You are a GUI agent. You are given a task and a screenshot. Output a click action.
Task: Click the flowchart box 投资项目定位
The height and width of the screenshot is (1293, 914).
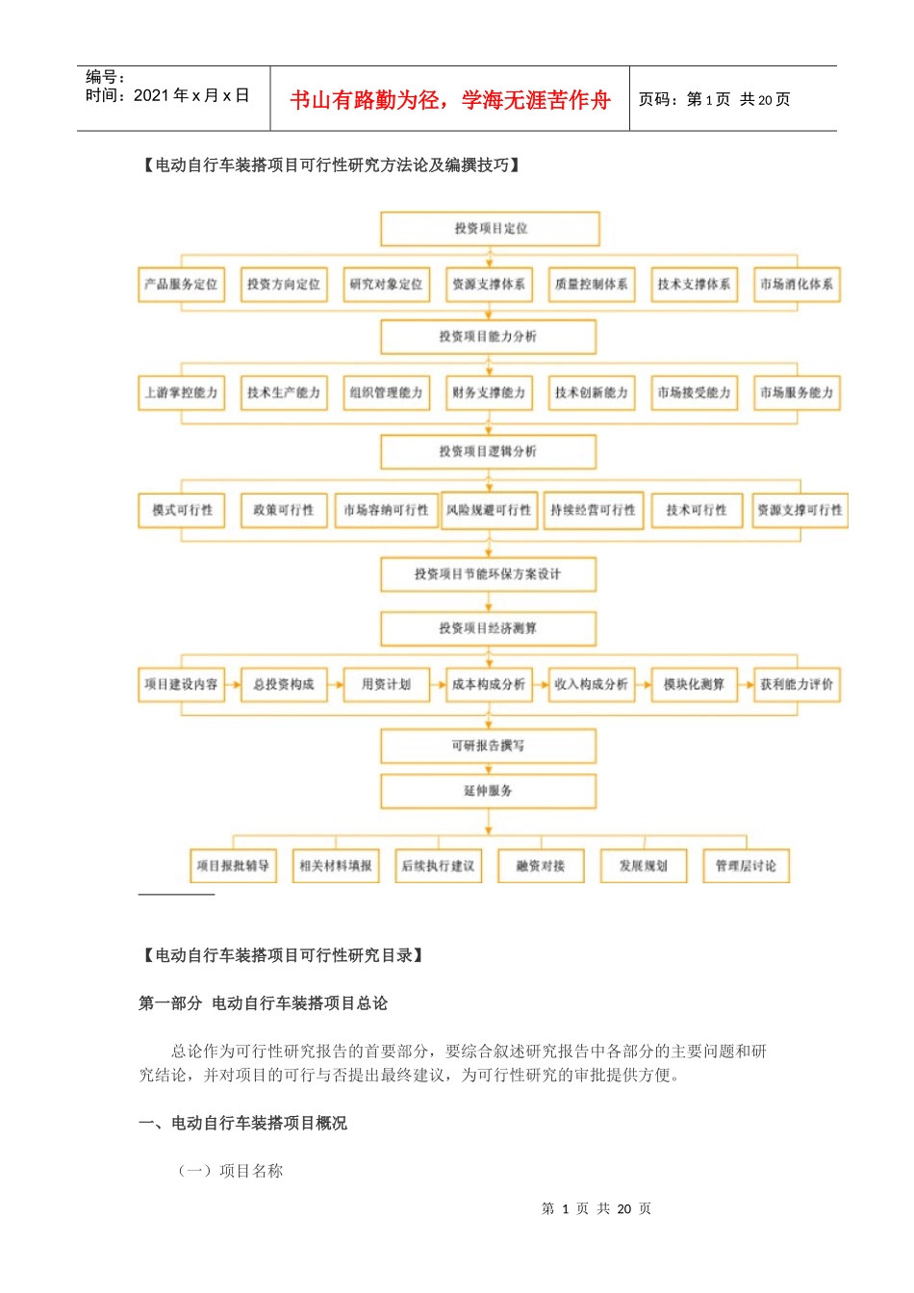click(x=490, y=229)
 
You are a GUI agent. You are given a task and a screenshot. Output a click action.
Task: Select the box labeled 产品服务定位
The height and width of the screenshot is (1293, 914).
click(x=181, y=285)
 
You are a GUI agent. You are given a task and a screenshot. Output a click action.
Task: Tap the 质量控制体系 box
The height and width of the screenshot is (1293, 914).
click(x=591, y=285)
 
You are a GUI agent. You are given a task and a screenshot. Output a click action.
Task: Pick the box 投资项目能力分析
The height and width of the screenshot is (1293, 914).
click(x=488, y=337)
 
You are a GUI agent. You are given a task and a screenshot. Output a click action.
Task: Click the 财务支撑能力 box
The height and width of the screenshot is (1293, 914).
click(x=489, y=393)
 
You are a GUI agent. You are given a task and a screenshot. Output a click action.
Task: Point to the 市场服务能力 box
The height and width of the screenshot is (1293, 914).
click(x=796, y=393)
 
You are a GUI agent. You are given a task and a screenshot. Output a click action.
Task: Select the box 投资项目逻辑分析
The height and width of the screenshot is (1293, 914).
click(x=488, y=451)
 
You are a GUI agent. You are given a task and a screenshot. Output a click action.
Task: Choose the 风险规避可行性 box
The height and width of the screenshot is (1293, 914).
click(x=489, y=510)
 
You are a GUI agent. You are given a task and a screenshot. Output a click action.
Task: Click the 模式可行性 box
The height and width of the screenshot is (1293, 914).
click(x=182, y=510)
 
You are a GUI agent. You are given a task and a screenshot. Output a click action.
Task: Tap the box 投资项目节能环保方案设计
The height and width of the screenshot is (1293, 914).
click(x=488, y=574)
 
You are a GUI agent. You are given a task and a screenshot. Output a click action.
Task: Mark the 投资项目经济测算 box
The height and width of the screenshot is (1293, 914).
click(x=488, y=628)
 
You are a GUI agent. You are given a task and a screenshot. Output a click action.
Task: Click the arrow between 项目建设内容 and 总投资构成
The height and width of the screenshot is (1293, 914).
click(x=233, y=685)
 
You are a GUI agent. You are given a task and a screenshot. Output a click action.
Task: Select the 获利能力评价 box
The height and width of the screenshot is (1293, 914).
click(x=796, y=685)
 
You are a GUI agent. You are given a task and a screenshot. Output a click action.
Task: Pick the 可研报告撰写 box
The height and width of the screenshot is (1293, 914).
click(x=488, y=746)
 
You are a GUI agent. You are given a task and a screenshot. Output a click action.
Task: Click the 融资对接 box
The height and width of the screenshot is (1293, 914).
click(x=540, y=866)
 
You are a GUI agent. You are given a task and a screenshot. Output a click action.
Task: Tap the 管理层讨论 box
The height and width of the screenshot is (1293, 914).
click(x=746, y=866)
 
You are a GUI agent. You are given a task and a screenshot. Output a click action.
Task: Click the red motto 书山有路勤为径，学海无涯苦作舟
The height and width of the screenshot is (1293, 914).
click(x=450, y=100)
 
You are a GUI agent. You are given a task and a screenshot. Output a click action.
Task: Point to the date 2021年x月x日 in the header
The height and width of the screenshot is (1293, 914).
click(x=191, y=95)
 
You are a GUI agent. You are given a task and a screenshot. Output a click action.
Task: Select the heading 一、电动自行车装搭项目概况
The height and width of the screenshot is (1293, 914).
click(x=242, y=1123)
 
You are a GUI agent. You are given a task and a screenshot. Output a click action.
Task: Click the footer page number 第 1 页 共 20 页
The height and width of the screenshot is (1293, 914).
click(x=597, y=1208)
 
